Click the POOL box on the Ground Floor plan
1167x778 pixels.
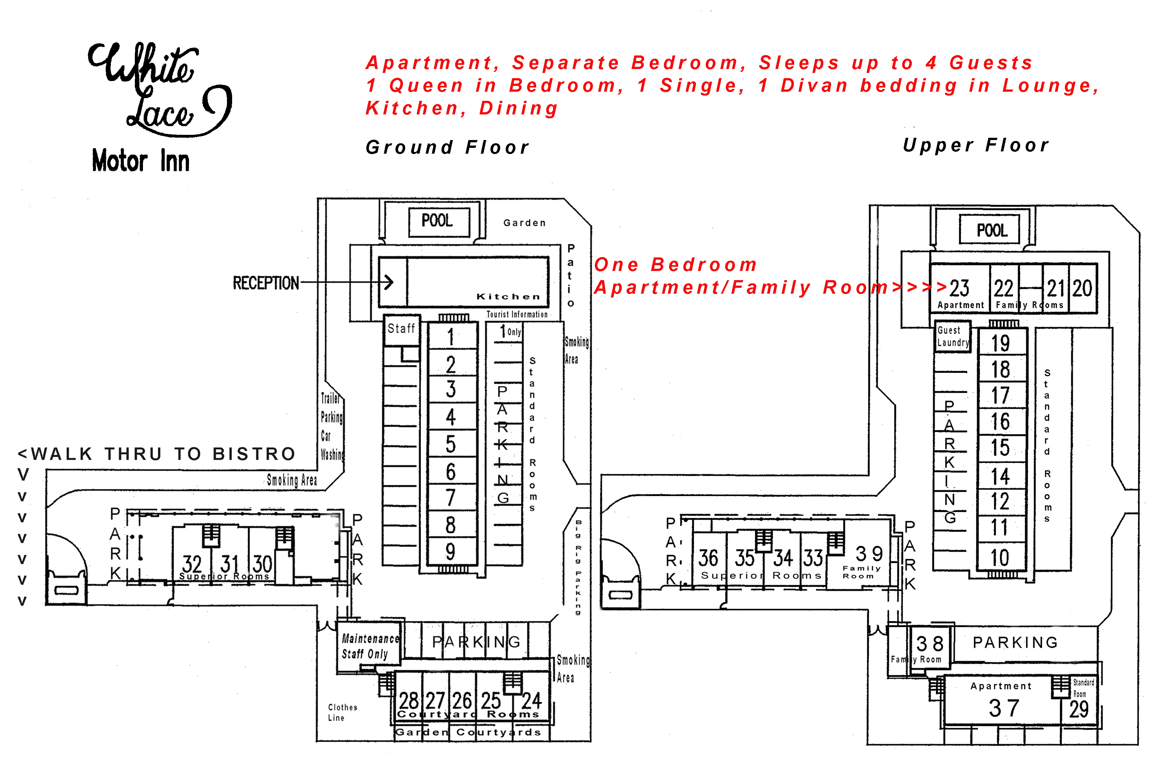pos(439,221)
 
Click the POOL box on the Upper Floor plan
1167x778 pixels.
pos(991,230)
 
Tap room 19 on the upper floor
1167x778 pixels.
pos(1000,343)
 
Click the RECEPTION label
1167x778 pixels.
pos(266,283)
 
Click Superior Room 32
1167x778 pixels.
pos(192,564)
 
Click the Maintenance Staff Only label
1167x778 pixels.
pos(370,646)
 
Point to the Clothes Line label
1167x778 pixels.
pos(342,712)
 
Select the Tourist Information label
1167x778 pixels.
pos(516,314)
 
